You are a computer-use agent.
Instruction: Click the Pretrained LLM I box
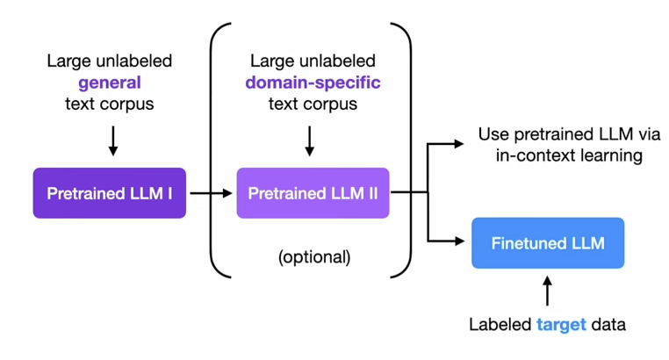click(x=109, y=193)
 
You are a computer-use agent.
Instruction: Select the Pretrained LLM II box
click(x=313, y=193)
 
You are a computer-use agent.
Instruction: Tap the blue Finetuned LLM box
click(x=548, y=243)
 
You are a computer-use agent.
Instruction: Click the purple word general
click(x=110, y=83)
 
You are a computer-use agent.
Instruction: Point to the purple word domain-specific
click(x=313, y=83)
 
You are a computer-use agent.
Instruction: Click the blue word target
click(x=559, y=324)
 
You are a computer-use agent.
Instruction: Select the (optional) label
click(x=313, y=258)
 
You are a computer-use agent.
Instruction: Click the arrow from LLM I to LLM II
click(x=211, y=193)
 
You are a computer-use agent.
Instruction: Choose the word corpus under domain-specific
click(x=332, y=104)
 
